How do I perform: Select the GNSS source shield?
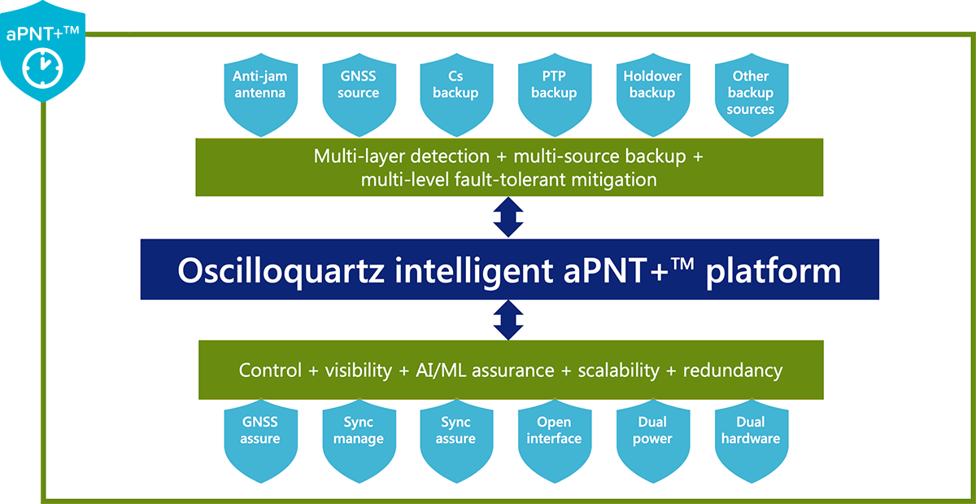coord(358,94)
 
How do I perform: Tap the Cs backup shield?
coord(455,94)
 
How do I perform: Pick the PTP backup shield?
coord(554,94)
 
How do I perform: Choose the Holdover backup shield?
coord(652,94)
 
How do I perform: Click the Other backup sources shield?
coord(750,94)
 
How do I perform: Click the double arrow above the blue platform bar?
coord(509,217)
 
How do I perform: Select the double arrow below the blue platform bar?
coord(509,320)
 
